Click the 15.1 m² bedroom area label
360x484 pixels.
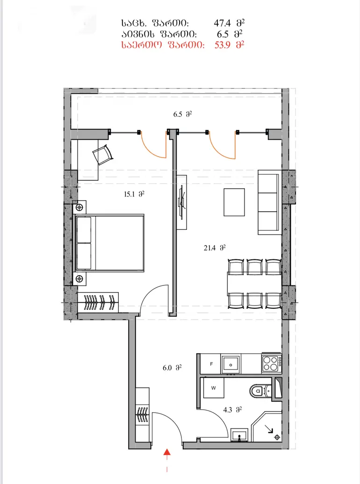(x=134, y=194)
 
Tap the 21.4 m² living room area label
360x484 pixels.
(x=215, y=248)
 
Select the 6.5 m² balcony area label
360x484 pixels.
(x=182, y=114)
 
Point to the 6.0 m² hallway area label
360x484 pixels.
(x=172, y=368)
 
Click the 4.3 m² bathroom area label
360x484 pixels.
(x=232, y=410)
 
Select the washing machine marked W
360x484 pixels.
(x=214, y=388)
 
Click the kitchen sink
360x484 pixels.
(x=231, y=364)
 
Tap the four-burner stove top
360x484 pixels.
(x=272, y=363)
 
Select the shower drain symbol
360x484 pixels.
(x=277, y=437)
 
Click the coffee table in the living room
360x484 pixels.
(x=234, y=202)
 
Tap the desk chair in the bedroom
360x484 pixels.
(x=102, y=154)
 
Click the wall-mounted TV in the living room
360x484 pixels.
(x=182, y=202)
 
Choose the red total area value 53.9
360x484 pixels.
(x=223, y=45)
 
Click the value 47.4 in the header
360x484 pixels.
(x=222, y=23)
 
